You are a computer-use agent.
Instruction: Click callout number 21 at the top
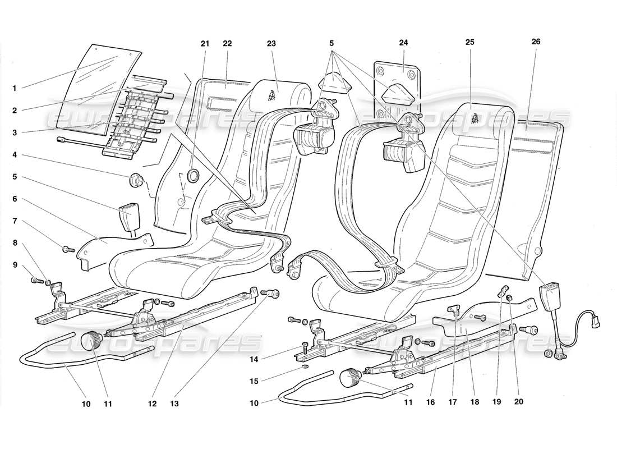pos(205,44)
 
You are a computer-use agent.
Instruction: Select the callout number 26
pos(536,42)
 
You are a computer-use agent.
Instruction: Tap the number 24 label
pos(404,42)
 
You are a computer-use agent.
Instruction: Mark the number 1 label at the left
pos(15,88)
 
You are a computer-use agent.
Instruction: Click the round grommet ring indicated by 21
pos(192,176)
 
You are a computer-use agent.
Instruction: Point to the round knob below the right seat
pos(351,377)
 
